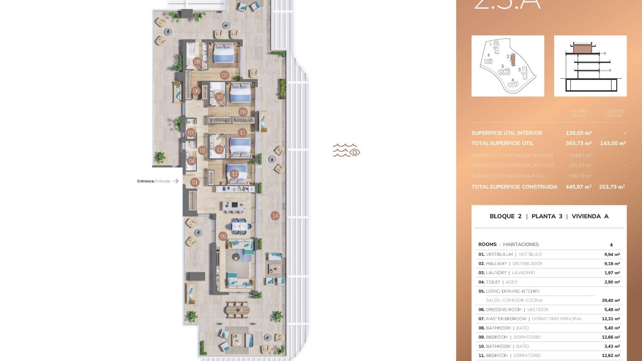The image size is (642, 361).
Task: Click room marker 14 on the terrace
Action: tap(275, 216)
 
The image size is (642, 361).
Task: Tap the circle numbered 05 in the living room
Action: tap(223, 236)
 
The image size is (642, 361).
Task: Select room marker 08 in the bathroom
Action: tap(197, 62)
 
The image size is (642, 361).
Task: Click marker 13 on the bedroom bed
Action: tap(234, 174)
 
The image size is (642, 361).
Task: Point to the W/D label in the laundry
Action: tap(191, 122)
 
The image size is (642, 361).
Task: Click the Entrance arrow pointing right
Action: tap(176, 181)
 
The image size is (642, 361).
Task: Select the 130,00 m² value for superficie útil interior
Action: tap(578, 133)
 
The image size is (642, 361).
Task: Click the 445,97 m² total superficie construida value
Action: tap(578, 187)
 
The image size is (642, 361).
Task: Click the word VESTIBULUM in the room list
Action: tap(499, 254)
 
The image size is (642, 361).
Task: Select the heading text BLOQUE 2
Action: tap(505, 216)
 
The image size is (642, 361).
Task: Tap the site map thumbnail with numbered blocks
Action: tap(508, 66)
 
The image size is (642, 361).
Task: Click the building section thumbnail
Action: tap(590, 66)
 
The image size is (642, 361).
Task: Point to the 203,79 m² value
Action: tap(612, 187)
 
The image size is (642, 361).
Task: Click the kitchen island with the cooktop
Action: tap(234, 205)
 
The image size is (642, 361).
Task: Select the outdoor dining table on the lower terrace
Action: tap(237, 310)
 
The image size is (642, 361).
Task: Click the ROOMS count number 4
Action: tap(611, 245)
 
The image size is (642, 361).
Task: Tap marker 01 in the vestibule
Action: tap(195, 182)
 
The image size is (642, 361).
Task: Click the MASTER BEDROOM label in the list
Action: tap(506, 319)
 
